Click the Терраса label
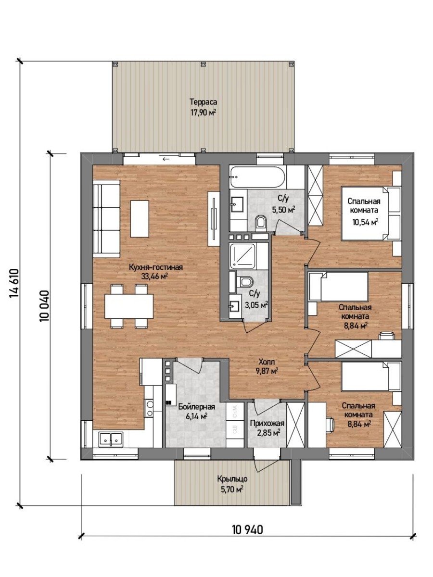tap(204, 102)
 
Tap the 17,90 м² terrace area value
tap(204, 113)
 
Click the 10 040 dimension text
tap(44, 306)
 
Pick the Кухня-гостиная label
tap(155, 267)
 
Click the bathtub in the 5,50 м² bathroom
tap(257, 177)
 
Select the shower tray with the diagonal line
tap(242, 256)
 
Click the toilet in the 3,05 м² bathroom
tap(246, 282)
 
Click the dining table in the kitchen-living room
tap(129, 306)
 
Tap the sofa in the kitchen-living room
tap(106, 218)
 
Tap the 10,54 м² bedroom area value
tap(365, 222)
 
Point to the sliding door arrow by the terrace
tap(166, 159)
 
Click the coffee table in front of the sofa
tap(140, 219)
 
